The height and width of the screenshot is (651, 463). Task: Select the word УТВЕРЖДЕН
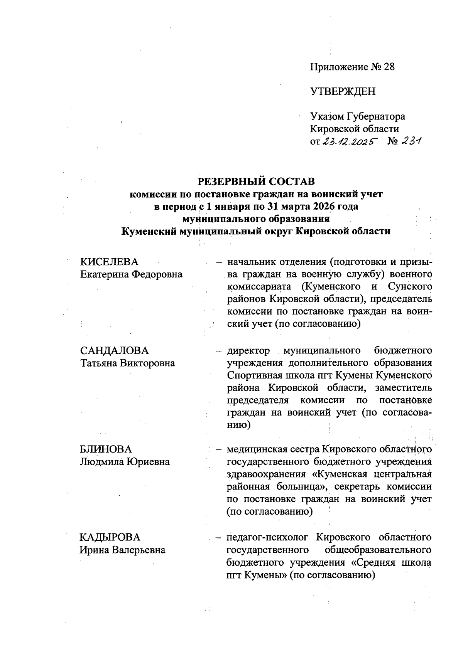coord(343,91)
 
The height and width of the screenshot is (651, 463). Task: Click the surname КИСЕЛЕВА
coord(109,262)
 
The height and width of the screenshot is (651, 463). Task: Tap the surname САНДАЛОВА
coord(114,351)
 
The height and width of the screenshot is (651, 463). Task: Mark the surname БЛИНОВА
coord(106,449)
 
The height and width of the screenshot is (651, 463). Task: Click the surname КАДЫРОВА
coord(110,537)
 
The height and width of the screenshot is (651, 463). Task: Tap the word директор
coord(248,351)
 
